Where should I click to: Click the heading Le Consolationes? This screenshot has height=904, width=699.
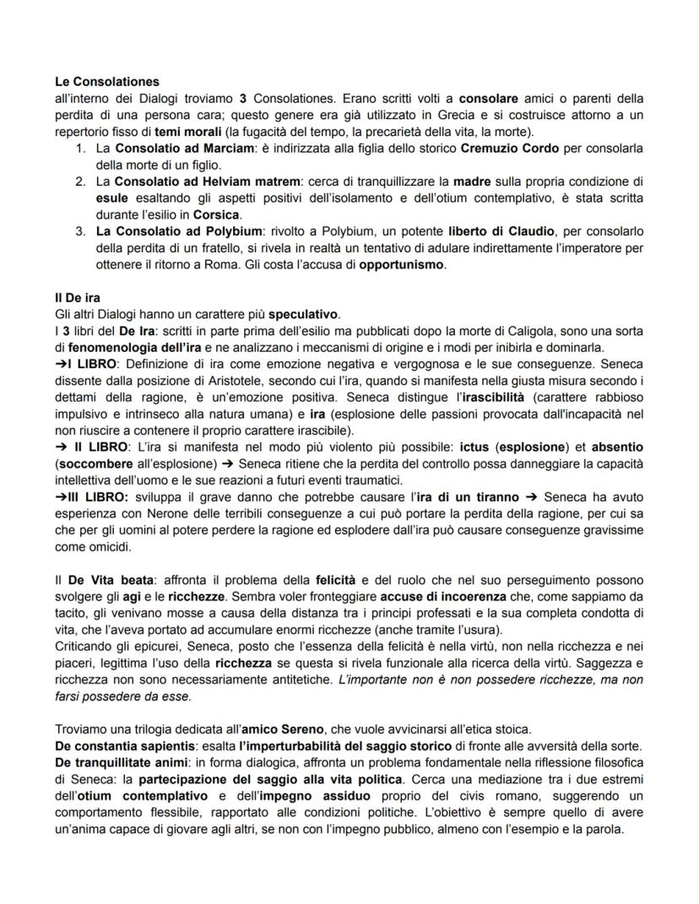[106, 82]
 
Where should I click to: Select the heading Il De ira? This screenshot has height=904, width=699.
[77, 298]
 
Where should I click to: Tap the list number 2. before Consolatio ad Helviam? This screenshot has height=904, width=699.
[80, 181]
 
